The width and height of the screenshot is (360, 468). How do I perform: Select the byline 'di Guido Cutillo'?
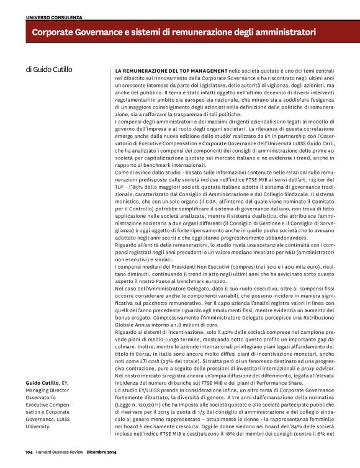[49, 70]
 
